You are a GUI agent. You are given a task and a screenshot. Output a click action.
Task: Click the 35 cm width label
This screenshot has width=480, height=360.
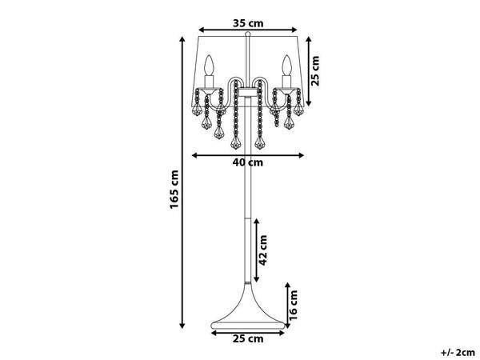click(x=248, y=23)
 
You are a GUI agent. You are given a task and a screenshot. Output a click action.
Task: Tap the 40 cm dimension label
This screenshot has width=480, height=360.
click(x=248, y=162)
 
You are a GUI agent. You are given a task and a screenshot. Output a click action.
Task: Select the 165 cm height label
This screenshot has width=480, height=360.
click(x=174, y=190)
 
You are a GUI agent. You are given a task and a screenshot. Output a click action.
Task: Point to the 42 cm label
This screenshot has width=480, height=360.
click(x=262, y=250)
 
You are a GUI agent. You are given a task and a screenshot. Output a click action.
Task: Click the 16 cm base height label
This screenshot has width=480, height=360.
click(x=293, y=306)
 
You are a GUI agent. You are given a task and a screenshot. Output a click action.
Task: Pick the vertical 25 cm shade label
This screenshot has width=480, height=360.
click(x=314, y=70)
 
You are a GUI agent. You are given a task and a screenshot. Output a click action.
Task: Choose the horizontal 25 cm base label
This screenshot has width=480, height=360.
click(x=248, y=339)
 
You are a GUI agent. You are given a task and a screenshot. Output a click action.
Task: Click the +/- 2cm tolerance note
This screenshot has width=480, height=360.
click(x=458, y=353)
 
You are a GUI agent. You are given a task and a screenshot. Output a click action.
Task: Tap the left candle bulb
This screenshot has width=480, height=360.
click(x=209, y=66)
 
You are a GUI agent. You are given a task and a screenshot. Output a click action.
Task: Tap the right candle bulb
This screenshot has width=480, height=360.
click(x=286, y=66)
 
